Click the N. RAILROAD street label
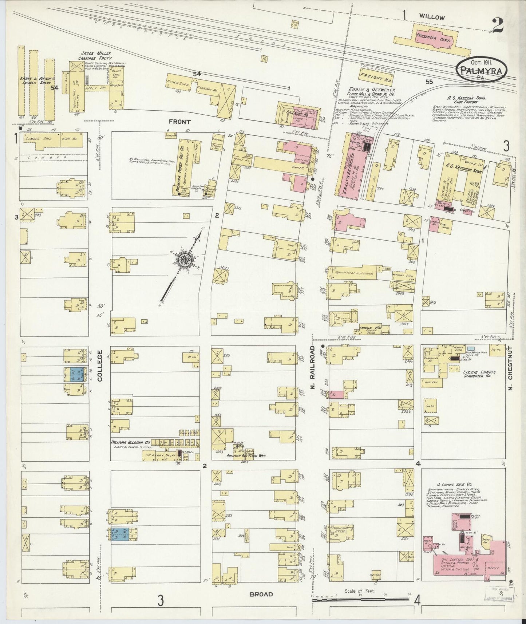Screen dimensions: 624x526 click(x=312, y=367)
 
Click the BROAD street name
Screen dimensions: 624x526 click(x=261, y=594)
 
